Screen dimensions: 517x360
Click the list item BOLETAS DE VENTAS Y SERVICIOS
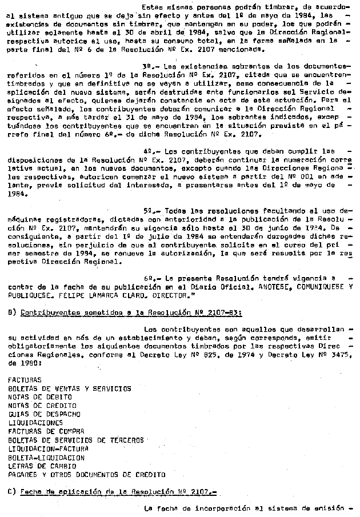(69, 388)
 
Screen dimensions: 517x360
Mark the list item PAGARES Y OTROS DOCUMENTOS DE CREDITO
(86, 474)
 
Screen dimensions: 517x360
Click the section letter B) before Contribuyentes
(11, 312)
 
